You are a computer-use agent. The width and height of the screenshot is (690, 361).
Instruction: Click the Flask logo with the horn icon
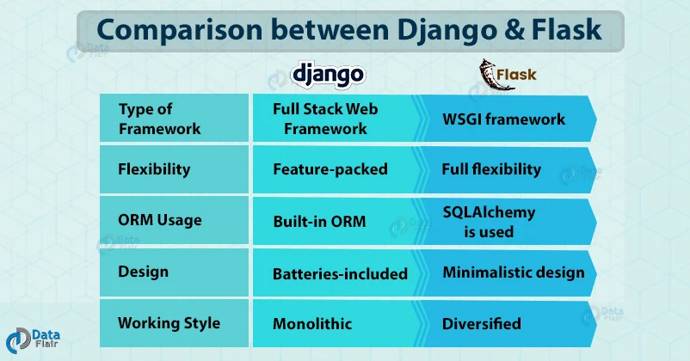click(x=508, y=74)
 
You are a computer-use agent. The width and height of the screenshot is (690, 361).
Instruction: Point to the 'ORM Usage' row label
click(x=160, y=220)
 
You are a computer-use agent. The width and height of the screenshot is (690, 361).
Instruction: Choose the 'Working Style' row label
click(x=169, y=323)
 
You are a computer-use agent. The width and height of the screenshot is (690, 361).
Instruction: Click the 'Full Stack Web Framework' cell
click(x=325, y=119)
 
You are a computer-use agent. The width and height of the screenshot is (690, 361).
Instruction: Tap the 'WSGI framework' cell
click(x=503, y=119)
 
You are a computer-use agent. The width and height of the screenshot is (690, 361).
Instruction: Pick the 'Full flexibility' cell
click(x=491, y=169)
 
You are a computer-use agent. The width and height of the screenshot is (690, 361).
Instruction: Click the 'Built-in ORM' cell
click(x=319, y=221)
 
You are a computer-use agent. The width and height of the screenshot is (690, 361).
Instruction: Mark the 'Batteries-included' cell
click(x=340, y=274)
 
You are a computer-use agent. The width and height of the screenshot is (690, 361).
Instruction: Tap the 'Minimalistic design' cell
click(x=513, y=272)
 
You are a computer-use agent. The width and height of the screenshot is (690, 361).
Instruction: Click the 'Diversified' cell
click(x=481, y=324)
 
